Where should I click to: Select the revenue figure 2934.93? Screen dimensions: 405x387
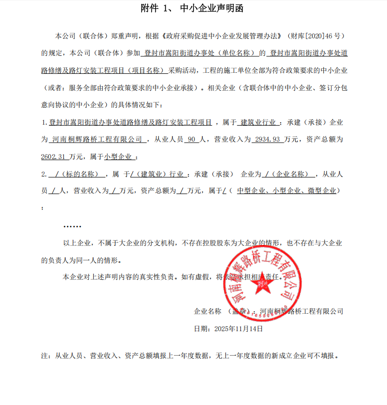click(x=267, y=140)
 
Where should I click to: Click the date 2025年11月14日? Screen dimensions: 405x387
click(x=237, y=329)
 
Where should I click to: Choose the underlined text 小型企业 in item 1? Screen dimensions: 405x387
click(x=118, y=156)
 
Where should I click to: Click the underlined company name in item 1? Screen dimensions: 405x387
click(x=98, y=140)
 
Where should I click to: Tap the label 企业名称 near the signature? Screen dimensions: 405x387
click(x=207, y=311)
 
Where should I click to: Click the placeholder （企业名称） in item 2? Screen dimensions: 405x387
click(x=293, y=174)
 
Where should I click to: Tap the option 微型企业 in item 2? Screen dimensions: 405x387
click(x=323, y=191)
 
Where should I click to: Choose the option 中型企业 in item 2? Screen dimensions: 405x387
click(x=253, y=191)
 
